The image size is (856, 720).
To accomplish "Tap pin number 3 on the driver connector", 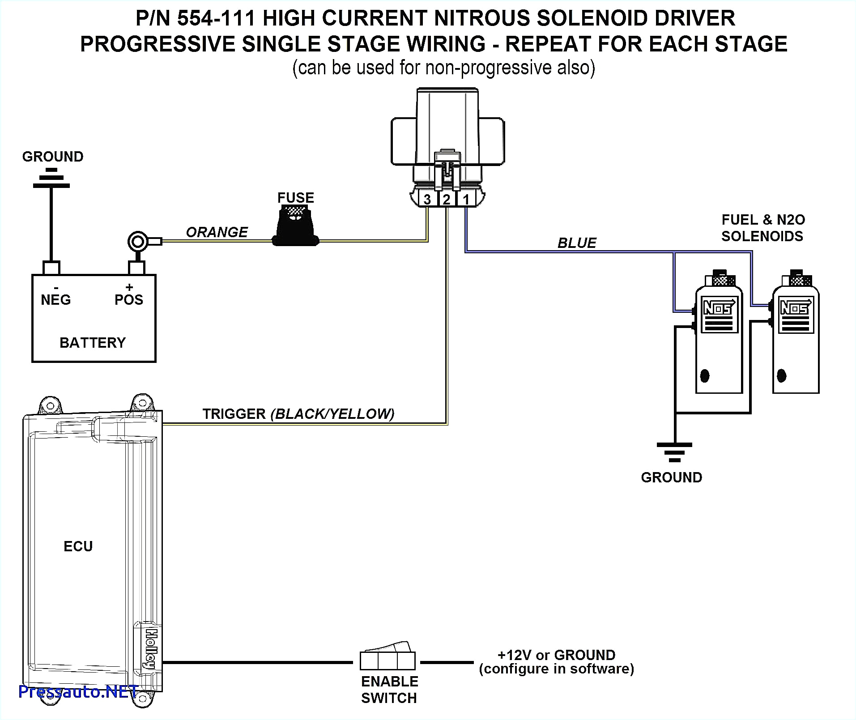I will click(427, 199).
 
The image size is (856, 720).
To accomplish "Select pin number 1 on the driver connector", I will click(466, 199).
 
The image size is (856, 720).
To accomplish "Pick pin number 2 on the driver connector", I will click(447, 199).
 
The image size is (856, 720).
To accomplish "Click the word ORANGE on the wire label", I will click(217, 232).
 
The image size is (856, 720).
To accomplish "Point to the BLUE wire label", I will click(576, 243).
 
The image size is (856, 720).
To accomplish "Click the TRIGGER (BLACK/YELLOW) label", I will click(298, 414).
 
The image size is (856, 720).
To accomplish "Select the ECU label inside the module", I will click(78, 546).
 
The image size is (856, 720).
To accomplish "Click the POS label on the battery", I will click(129, 300).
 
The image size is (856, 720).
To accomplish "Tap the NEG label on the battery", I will click(55, 300).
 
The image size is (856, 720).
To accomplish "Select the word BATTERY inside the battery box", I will click(93, 343).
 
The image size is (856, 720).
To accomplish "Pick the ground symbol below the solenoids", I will click(674, 452).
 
